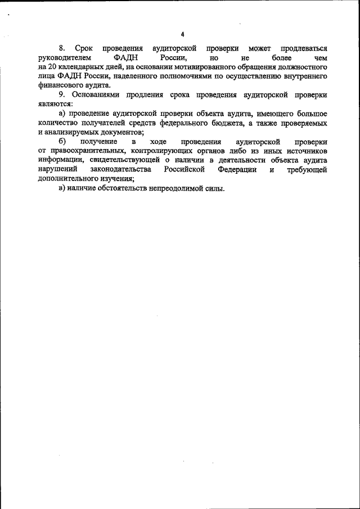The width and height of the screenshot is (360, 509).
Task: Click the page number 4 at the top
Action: [x=182, y=34]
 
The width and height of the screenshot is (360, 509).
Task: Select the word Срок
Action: [x=83, y=49]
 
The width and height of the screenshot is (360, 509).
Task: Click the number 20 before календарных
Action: [x=53, y=67]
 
